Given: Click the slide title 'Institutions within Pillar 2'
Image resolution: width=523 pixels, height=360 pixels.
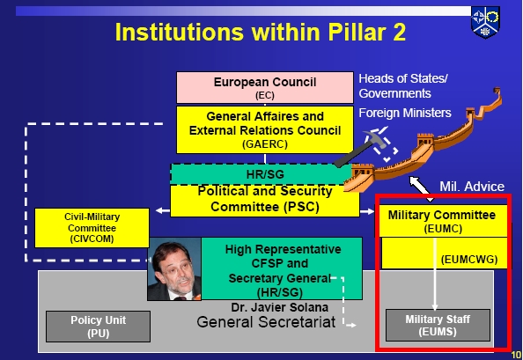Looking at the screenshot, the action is pos(260,32).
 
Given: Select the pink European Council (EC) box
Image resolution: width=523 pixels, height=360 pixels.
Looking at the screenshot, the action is pos(265,87).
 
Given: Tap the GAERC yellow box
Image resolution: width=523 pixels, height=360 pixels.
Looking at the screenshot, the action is pos(265,130).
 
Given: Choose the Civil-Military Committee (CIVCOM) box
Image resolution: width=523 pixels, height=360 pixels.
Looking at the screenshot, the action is pos(92,228).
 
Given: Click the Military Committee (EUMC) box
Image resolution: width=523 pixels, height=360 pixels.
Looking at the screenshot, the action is pos(442,221).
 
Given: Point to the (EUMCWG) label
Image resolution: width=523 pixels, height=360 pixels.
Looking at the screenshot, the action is pos(469,260).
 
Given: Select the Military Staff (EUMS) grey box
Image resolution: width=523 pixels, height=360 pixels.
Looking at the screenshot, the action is pos(438,326).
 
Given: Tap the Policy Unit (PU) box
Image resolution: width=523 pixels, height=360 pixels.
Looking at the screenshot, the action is pos(98,327).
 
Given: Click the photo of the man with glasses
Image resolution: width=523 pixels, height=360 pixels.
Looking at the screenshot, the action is pos(174,269).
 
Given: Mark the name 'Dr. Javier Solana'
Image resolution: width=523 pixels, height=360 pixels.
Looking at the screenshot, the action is pos(279,307).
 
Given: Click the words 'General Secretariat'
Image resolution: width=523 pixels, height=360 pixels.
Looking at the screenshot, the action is pos(266,322).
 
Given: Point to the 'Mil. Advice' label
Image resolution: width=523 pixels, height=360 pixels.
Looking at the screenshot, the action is pos(472,187).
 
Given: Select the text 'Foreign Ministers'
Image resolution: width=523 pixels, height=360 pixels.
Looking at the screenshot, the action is pos(405,113).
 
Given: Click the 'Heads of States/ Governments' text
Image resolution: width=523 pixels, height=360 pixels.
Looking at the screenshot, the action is pos(403,86).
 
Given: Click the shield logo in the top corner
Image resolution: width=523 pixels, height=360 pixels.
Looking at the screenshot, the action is pos(485,22).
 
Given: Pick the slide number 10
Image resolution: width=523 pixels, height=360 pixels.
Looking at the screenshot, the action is pos(516,355).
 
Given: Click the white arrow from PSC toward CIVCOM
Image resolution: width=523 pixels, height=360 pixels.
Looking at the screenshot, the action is pos(163,210).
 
